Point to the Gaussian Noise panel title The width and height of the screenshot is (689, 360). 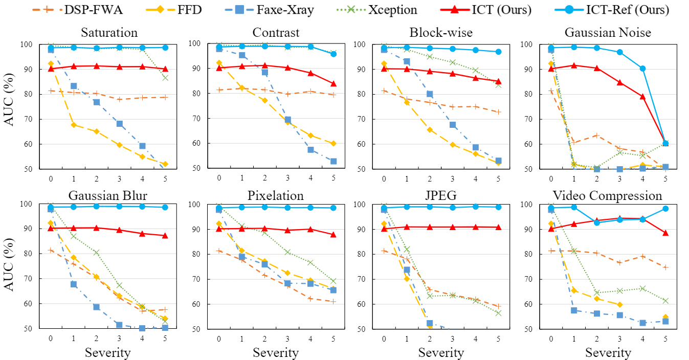[x=607, y=33]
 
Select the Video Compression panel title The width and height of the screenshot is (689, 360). [x=607, y=196]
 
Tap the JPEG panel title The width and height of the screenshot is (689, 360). [x=441, y=196]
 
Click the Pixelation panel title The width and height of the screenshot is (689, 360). [x=275, y=196]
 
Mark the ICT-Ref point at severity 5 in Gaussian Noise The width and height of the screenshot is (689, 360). [x=665, y=143]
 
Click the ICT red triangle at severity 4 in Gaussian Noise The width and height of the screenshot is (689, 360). [x=642, y=96]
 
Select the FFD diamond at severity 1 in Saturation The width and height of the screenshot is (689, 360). [x=74, y=124]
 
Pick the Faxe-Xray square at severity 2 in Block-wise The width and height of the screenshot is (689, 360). [x=430, y=94]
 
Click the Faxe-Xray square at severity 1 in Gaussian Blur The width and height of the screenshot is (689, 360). [x=74, y=284]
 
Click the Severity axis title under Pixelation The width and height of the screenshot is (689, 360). [x=275, y=353]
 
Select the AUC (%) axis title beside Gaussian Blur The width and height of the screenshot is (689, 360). [x=10, y=266]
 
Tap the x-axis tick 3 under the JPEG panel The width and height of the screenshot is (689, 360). [x=452, y=339]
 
